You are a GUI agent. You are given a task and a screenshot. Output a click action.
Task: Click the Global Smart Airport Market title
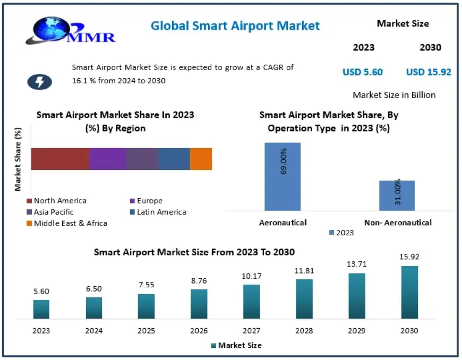pyautogui.click(x=235, y=25)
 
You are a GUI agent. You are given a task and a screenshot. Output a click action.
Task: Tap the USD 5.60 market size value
pyautogui.click(x=362, y=72)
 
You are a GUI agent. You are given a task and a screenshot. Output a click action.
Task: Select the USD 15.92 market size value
pyautogui.click(x=429, y=72)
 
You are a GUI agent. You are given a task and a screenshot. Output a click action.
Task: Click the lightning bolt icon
pyautogui.click(x=39, y=81)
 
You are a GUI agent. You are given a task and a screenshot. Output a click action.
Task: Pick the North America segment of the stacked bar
pyautogui.click(x=60, y=159)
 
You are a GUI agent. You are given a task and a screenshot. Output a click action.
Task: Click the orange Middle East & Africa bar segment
pyautogui.click(x=201, y=159)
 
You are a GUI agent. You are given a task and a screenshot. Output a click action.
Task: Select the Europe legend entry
pyautogui.click(x=149, y=201)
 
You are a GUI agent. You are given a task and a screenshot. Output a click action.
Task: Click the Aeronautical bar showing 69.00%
pyautogui.click(x=282, y=176)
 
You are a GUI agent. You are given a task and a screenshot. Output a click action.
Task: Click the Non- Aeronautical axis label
pyautogui.click(x=398, y=222)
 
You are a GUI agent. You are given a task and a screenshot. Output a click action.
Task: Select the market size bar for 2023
pyautogui.click(x=41, y=309)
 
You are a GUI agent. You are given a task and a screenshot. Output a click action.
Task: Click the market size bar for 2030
pyautogui.click(x=409, y=292)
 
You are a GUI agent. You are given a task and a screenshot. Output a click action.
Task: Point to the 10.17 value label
pyautogui.click(x=251, y=276)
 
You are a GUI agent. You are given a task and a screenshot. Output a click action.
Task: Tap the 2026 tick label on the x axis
pyautogui.click(x=199, y=330)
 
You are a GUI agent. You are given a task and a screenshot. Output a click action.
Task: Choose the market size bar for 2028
pyautogui.click(x=304, y=299)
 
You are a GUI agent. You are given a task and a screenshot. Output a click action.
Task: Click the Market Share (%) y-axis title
pyautogui.click(x=18, y=159)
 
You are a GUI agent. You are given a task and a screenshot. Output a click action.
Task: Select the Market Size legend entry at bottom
pyautogui.click(x=236, y=345)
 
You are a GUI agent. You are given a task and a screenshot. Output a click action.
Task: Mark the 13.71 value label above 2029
pyautogui.click(x=356, y=264)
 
